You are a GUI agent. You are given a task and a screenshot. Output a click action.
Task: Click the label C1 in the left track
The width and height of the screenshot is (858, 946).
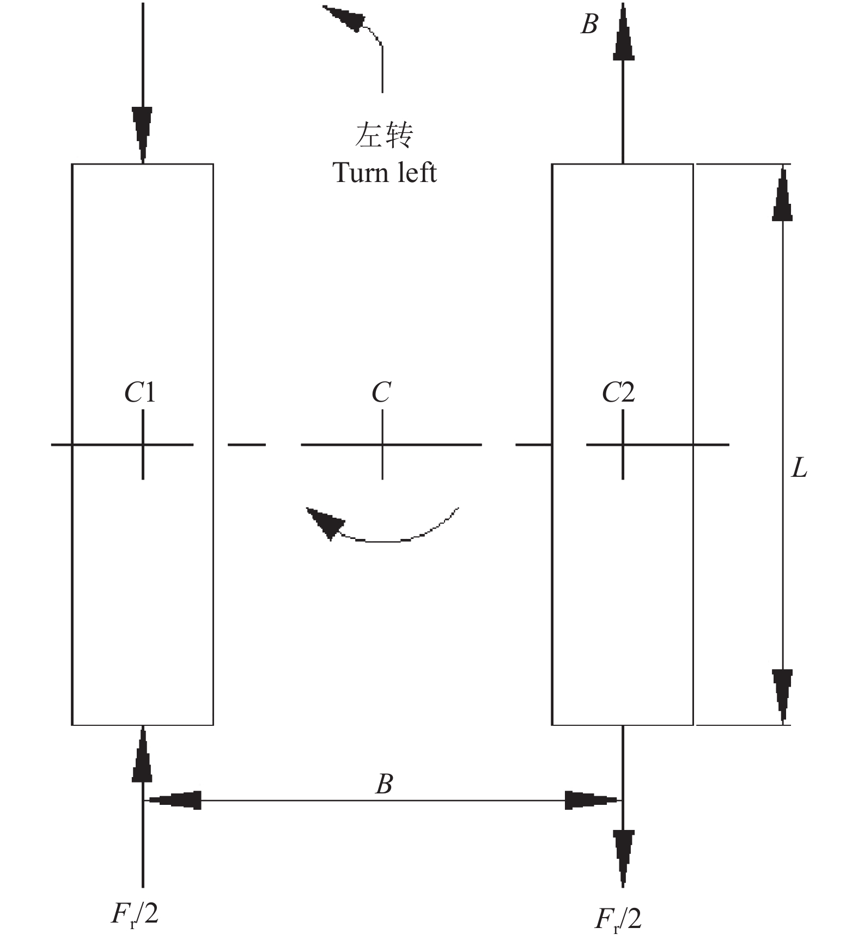140,392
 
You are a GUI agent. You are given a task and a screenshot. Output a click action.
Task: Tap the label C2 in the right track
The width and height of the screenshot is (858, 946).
618,392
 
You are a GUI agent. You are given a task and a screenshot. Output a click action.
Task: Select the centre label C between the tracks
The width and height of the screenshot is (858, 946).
381,392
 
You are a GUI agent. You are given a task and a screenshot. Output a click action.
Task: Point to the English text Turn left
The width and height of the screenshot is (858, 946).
385,173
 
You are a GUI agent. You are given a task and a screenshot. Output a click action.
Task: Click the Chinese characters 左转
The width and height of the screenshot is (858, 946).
384,135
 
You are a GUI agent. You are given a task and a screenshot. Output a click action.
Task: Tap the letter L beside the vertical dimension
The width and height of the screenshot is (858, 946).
799,468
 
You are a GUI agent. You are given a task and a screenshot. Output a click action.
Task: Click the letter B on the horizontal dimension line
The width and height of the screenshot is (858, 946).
385,784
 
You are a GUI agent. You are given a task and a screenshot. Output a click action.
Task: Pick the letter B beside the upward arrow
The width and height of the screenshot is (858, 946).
589,25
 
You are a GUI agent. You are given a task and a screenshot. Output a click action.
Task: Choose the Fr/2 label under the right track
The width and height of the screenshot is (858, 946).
618,919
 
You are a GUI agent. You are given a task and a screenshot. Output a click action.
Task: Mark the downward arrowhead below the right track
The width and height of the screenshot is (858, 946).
623,856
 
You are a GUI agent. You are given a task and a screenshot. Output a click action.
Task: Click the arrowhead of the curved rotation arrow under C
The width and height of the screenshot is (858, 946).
325,521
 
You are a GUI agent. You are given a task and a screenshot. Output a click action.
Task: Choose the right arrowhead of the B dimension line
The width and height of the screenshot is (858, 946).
591,800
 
